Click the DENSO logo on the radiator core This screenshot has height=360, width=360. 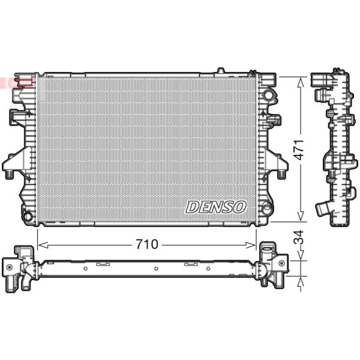[216, 207]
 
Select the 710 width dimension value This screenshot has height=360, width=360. [147, 245]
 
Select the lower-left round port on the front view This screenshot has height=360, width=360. [26, 215]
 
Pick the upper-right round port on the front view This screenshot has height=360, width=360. [268, 95]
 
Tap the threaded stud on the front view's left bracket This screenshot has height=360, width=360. [10, 175]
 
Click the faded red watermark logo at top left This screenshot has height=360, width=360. [18, 82]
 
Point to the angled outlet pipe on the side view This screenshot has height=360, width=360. [323, 209]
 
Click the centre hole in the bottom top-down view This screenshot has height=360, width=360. [155, 269]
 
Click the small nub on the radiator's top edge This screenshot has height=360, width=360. [220, 71]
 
